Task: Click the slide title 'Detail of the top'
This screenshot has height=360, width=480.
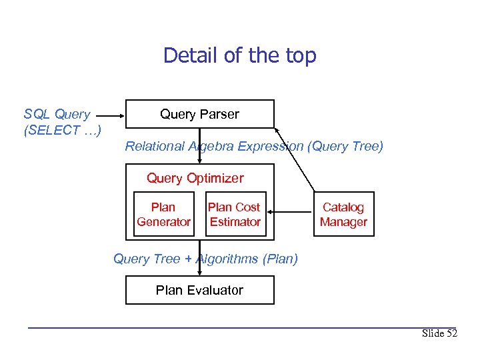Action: [x=239, y=55]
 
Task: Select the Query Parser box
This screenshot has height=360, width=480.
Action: [x=199, y=114]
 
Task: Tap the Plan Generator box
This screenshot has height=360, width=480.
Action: [x=163, y=215]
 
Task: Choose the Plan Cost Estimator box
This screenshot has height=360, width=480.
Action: [x=235, y=215]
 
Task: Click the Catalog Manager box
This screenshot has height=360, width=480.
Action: [x=343, y=215]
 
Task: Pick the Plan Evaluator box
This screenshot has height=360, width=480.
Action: [x=199, y=290]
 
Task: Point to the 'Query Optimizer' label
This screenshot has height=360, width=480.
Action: [x=195, y=178]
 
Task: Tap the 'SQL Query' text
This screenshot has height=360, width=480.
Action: [x=57, y=114]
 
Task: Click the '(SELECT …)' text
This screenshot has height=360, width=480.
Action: [x=62, y=130]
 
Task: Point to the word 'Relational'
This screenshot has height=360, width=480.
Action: [x=155, y=146]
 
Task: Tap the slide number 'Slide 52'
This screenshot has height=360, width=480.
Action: [x=439, y=333]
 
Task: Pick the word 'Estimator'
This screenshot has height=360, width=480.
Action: [x=235, y=222]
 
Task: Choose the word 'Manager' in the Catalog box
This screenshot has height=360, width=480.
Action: [x=343, y=222]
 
